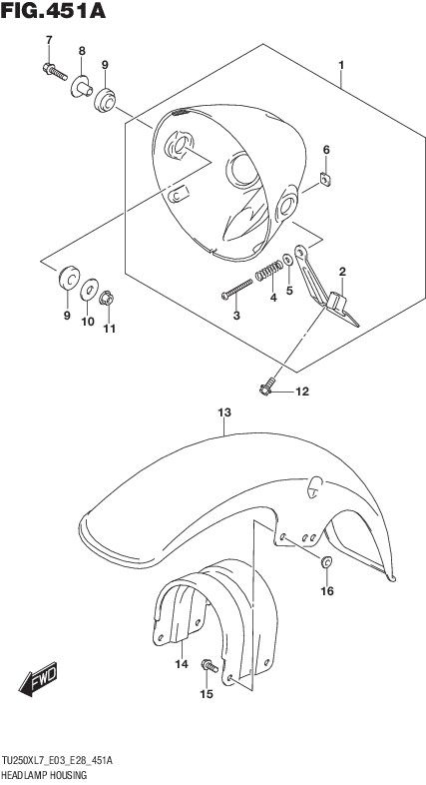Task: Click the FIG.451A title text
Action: point(53,11)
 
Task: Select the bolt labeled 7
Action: point(55,72)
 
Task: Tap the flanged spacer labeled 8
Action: point(82,86)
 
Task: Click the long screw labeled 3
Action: point(237,289)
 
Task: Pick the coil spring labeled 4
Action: point(269,271)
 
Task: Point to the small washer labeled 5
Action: point(288,261)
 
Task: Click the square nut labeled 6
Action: point(326,179)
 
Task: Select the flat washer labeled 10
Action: point(89,290)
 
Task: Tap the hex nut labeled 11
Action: point(107,299)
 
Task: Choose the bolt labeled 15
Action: point(210,666)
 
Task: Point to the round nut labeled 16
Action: point(326,561)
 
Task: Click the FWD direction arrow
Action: point(38,679)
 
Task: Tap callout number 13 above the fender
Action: point(224,413)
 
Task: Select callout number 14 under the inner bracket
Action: point(182,664)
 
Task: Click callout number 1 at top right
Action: point(341,65)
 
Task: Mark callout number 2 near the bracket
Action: point(342,273)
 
